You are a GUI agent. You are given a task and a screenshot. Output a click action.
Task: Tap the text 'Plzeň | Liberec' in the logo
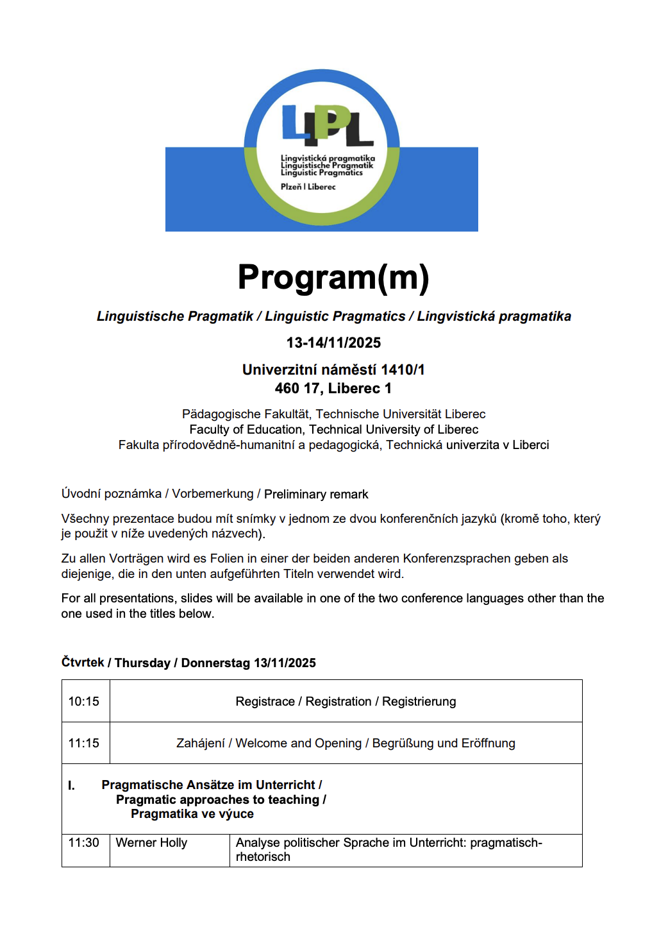click(308, 187)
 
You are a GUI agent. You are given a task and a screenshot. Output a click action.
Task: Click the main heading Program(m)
click(333, 277)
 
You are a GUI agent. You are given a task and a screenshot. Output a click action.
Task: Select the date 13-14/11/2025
click(333, 343)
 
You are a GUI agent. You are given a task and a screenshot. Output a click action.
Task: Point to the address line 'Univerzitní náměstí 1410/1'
click(333, 370)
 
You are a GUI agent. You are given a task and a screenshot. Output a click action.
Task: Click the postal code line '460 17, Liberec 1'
click(333, 388)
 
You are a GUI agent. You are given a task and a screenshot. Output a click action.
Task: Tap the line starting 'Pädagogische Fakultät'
click(333, 414)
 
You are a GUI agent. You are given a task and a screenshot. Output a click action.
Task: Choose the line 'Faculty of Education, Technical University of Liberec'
click(333, 429)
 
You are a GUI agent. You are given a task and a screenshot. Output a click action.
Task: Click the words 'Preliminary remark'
click(316, 494)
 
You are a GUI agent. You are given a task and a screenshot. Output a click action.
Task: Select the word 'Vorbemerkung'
click(213, 494)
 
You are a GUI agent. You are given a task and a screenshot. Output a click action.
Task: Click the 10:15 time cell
click(84, 701)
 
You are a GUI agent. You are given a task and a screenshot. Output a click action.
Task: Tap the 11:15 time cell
click(84, 743)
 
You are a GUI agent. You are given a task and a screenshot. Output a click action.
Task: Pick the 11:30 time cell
click(84, 842)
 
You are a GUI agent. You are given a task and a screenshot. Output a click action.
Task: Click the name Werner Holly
click(151, 842)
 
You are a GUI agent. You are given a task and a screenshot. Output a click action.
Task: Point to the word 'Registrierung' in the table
click(419, 701)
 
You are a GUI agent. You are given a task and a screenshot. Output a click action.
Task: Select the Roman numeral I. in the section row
click(72, 785)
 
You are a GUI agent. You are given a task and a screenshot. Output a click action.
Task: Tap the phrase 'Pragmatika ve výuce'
click(192, 813)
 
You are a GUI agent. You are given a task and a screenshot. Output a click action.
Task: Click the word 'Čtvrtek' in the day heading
click(83, 662)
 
